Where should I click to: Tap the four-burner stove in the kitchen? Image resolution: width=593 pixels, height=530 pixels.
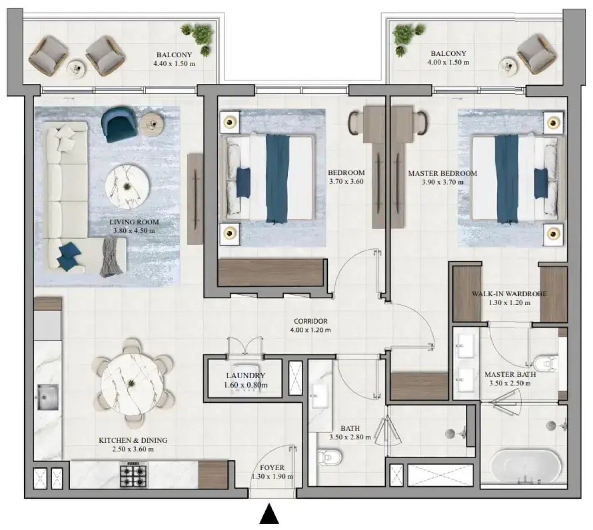point(133,475)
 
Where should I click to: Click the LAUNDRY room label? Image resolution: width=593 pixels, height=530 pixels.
point(245,375)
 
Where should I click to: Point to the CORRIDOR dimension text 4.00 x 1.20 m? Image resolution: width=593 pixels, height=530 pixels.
point(310,330)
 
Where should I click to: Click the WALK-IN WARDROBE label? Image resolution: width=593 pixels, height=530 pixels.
point(509,293)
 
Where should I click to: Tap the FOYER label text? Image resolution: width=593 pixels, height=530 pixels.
point(272,468)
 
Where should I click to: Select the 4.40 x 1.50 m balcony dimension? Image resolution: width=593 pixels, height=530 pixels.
point(174,64)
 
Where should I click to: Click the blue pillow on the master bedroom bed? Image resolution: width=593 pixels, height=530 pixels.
point(540,183)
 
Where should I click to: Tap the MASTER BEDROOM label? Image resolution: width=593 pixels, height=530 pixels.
point(442,173)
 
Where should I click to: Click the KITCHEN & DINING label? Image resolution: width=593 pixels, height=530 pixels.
point(133,440)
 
